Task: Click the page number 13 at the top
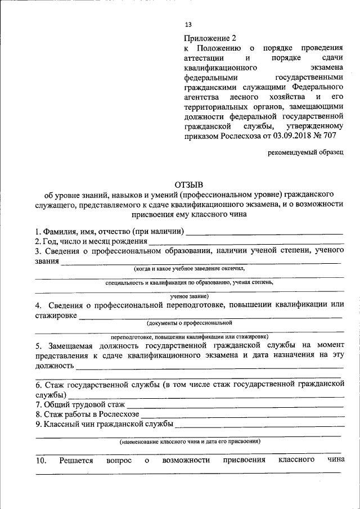click(188, 24)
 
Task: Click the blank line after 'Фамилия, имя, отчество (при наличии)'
click(264, 232)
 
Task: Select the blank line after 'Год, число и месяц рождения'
click(246, 242)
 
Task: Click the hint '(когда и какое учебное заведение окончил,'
click(187, 269)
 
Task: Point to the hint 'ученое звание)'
click(189, 296)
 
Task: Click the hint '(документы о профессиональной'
click(189, 323)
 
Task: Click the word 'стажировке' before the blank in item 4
click(56, 316)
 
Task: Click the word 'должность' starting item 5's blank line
click(55, 366)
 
